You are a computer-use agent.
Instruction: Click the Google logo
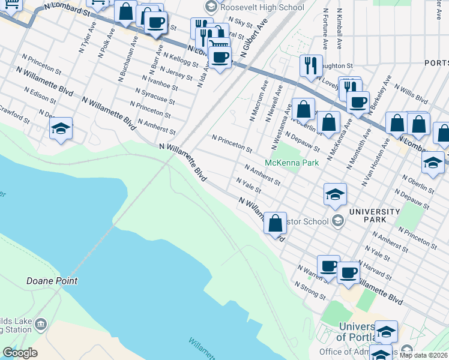(20, 353)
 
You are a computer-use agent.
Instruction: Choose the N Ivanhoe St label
(160, 83)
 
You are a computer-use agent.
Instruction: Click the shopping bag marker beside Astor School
(275, 224)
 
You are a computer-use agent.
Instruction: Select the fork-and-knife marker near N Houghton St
(310, 65)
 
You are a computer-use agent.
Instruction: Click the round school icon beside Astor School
(338, 221)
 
